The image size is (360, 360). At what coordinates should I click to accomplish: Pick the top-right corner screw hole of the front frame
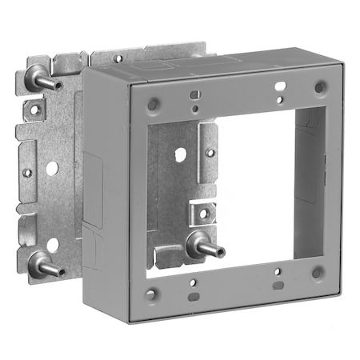(320, 86)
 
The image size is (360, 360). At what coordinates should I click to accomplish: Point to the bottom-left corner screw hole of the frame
(150, 295)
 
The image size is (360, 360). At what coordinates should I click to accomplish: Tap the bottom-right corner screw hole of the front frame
(318, 273)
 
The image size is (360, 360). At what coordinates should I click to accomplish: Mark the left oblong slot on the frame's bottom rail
(194, 296)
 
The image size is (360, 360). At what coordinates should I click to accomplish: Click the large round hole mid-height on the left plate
(51, 169)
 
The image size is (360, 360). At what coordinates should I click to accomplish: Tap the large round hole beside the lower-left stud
(52, 245)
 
